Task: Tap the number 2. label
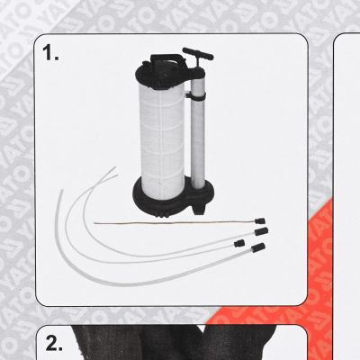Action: (x=55, y=343)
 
